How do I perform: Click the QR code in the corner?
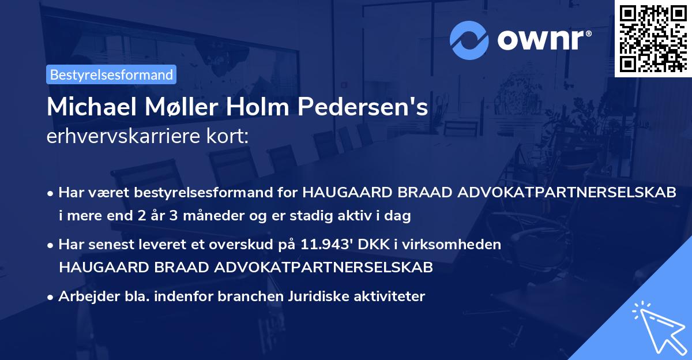[653, 38]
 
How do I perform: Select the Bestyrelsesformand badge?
[111, 74]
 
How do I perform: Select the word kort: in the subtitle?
[230, 136]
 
